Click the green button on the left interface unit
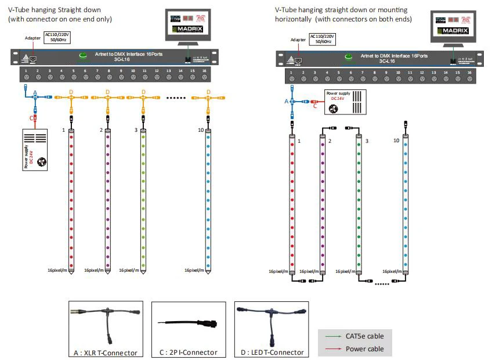tap(83, 55)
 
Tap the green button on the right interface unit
tap(349, 57)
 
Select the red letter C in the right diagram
tap(314, 106)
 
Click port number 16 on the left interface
tap(204, 70)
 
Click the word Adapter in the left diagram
tap(32, 38)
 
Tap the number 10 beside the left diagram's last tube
tap(200, 131)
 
